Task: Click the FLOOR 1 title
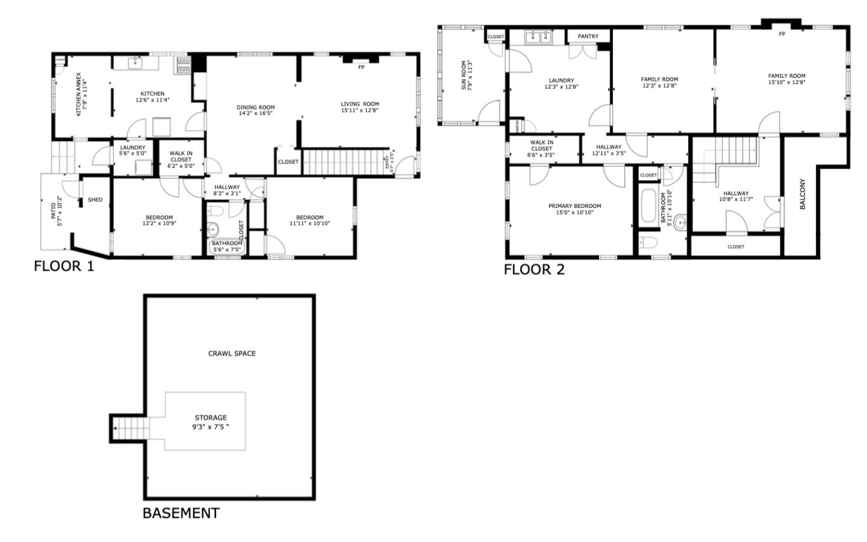tap(64, 266)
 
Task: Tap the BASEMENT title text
tap(181, 513)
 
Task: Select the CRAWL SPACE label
tap(232, 353)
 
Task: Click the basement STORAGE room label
tap(211, 421)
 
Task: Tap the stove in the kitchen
tap(182, 65)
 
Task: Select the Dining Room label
tap(255, 110)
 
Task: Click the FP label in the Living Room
tap(361, 68)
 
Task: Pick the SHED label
tap(95, 200)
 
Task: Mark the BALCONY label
tap(802, 194)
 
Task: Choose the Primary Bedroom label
tap(574, 209)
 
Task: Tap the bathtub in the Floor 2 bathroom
tap(649, 207)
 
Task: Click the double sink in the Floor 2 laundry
tap(538, 38)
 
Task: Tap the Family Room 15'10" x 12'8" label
tap(786, 79)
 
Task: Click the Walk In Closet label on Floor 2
tap(541, 148)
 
